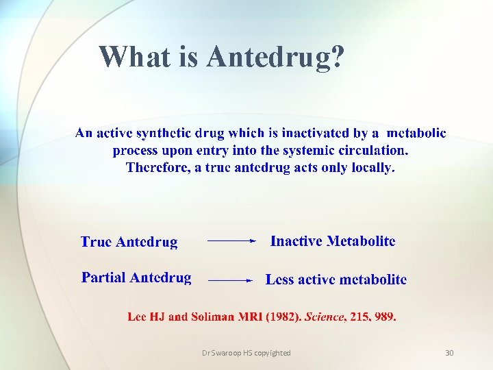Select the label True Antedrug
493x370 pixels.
click(x=129, y=242)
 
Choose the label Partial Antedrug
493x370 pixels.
click(x=136, y=277)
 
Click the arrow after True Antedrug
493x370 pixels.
click(x=231, y=241)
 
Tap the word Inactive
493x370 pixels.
click(x=296, y=241)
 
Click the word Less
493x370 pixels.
click(x=279, y=280)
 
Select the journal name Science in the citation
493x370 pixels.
click(x=326, y=317)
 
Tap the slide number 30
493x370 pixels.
click(x=449, y=353)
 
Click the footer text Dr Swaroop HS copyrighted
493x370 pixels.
click(x=246, y=353)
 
